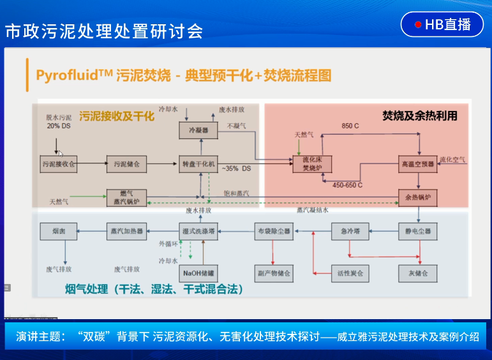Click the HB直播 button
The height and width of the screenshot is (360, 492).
tap(442, 25)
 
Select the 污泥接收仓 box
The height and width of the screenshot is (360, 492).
tap(58, 164)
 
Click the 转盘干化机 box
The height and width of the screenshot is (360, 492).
tap(198, 164)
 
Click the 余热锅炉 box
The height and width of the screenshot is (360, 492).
tap(418, 197)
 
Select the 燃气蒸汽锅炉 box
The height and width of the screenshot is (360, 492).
tap(126, 197)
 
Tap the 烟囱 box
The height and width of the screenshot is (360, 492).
tap(58, 230)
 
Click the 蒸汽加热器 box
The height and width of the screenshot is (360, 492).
tap(126, 230)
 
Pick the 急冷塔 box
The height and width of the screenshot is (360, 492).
tap(350, 230)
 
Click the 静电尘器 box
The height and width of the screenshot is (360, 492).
tap(418, 230)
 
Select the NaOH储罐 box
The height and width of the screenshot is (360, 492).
tap(198, 274)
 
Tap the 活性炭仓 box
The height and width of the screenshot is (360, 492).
tap(350, 273)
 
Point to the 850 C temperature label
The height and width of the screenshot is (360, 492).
tap(350, 126)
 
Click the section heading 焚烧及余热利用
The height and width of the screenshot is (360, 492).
tap(419, 116)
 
